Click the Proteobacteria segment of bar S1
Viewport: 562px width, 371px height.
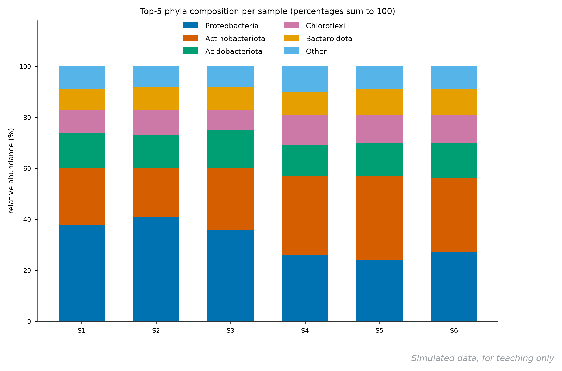pyautogui.click(x=82, y=273)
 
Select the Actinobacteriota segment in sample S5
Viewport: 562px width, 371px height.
pyautogui.click(x=379, y=218)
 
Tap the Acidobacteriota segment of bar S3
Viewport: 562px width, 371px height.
pyautogui.click(x=230, y=149)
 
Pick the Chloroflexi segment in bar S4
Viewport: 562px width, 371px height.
pyautogui.click(x=305, y=130)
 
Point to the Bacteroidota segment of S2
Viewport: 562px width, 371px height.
pyautogui.click(x=156, y=98)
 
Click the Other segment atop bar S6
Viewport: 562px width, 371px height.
pyautogui.click(x=454, y=78)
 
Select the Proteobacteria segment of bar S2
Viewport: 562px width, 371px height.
pyautogui.click(x=156, y=269)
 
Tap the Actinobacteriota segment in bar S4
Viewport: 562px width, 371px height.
pyautogui.click(x=305, y=215)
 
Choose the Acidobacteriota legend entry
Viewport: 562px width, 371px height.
pyautogui.click(x=223, y=51)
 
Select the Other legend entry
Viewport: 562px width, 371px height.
pyautogui.click(x=305, y=51)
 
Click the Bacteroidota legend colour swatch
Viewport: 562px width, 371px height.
pyautogui.click(x=291, y=38)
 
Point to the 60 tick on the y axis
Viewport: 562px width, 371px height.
pyautogui.click(x=36, y=168)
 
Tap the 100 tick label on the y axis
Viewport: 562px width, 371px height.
pyautogui.click(x=25, y=67)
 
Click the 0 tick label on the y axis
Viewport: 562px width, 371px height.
pyautogui.click(x=29, y=322)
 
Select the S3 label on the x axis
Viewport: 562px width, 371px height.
pyautogui.click(x=231, y=331)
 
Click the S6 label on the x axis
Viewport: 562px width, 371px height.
pyautogui.click(x=454, y=331)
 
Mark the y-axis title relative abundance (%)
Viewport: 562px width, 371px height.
pyautogui.click(x=11, y=171)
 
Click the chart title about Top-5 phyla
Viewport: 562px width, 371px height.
pyautogui.click(x=268, y=11)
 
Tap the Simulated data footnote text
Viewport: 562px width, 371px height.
pyautogui.click(x=483, y=358)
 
